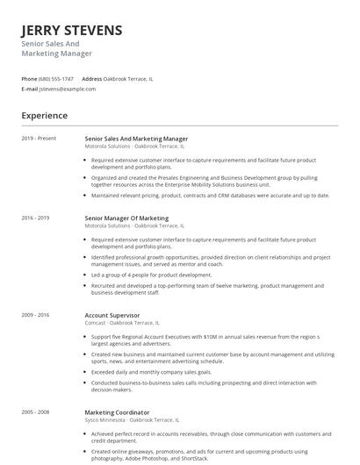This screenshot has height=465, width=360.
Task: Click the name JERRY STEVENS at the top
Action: [x=72, y=31]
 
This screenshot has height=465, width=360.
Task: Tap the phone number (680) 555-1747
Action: [x=57, y=79]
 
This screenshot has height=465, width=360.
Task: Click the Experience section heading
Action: [x=44, y=115]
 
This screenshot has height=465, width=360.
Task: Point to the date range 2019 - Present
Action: [x=39, y=139]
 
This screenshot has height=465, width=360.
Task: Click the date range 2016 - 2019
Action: [x=35, y=218]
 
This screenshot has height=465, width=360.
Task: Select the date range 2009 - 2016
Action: [x=35, y=314]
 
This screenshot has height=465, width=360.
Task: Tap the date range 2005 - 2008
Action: [x=35, y=411]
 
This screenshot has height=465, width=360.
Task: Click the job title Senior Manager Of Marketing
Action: [x=126, y=218]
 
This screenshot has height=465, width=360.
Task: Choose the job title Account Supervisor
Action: [x=113, y=314]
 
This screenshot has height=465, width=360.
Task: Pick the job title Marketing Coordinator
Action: [x=117, y=411]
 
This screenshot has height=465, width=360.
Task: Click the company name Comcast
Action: [x=96, y=322]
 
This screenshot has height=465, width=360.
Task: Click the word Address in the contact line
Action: [x=92, y=79]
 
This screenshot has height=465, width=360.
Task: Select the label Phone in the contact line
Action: [x=29, y=79]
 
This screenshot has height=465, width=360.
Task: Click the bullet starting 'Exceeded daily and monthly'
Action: [x=152, y=371]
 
